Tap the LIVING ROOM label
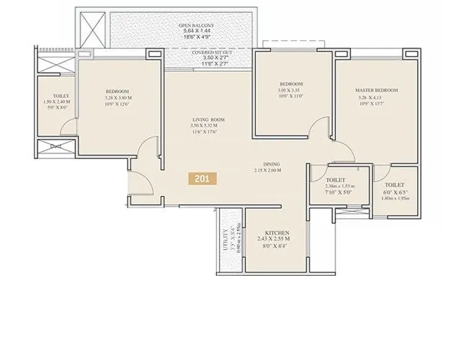pos(209,119)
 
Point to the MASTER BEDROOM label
pos(376,90)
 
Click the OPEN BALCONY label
pos(196,25)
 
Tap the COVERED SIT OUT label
pos(211,53)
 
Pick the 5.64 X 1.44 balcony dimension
pos(196,32)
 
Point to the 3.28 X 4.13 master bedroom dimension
pos(376,98)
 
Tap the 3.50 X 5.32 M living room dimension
pos(209,126)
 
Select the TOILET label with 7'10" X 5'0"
pos(336,180)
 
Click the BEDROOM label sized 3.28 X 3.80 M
pos(117,91)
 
